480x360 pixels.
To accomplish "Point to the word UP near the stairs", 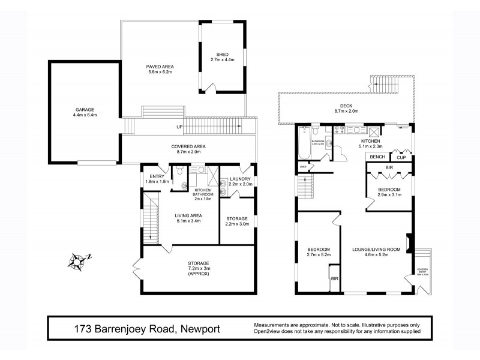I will tap(179, 127).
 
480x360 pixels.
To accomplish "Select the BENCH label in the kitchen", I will tap(377, 157).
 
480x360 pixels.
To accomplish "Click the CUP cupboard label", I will tap(400, 157).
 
